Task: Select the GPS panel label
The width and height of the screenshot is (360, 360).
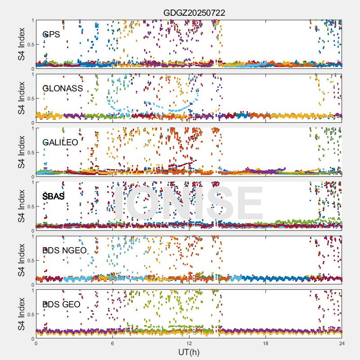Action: click(51, 34)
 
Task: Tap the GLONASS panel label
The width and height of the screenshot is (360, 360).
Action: click(63, 88)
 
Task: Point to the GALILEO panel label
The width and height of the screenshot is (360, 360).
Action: click(60, 142)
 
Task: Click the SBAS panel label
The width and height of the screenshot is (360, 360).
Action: click(53, 196)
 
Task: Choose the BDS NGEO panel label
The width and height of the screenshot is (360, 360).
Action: click(64, 250)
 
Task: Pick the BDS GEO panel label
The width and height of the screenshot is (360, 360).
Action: click(61, 304)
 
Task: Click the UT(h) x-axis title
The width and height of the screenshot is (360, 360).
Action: click(189, 351)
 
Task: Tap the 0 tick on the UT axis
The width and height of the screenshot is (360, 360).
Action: click(36, 343)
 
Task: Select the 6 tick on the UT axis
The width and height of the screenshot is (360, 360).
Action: click(112, 343)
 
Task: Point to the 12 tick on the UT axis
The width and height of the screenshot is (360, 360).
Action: click(189, 343)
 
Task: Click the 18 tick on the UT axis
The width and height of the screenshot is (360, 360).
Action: click(265, 343)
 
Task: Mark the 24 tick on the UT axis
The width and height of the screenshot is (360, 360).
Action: click(342, 343)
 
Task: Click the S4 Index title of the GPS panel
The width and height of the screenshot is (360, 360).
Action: click(22, 44)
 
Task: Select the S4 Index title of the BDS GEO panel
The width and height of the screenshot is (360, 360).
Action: click(22, 314)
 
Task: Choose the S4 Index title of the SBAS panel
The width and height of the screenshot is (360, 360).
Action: click(22, 206)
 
